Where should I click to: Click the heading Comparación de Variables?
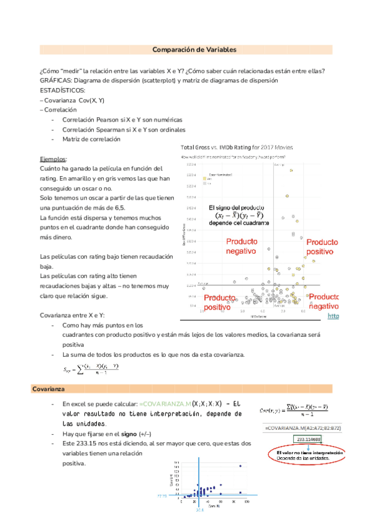pos(194,49)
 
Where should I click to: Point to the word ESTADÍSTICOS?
pos(62,90)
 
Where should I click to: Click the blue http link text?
pos(333,316)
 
